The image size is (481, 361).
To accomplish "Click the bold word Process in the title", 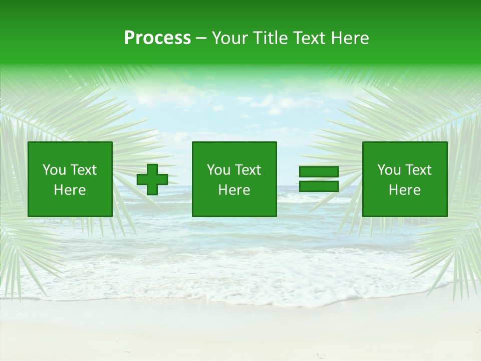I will [x=157, y=38].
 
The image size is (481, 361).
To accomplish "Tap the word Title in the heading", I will [x=269, y=38].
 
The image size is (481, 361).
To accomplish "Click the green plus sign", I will [x=152, y=179].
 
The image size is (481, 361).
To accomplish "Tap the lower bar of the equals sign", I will [x=319, y=187].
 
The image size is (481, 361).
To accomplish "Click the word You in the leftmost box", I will [x=53, y=170].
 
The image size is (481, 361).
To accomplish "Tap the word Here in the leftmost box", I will [x=70, y=190].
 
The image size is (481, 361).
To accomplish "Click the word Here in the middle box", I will [x=234, y=190].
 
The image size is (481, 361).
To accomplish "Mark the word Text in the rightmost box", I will [x=417, y=170].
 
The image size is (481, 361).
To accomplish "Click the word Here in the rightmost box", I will [x=404, y=190].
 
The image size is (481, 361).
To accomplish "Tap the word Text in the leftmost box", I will [x=83, y=170].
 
